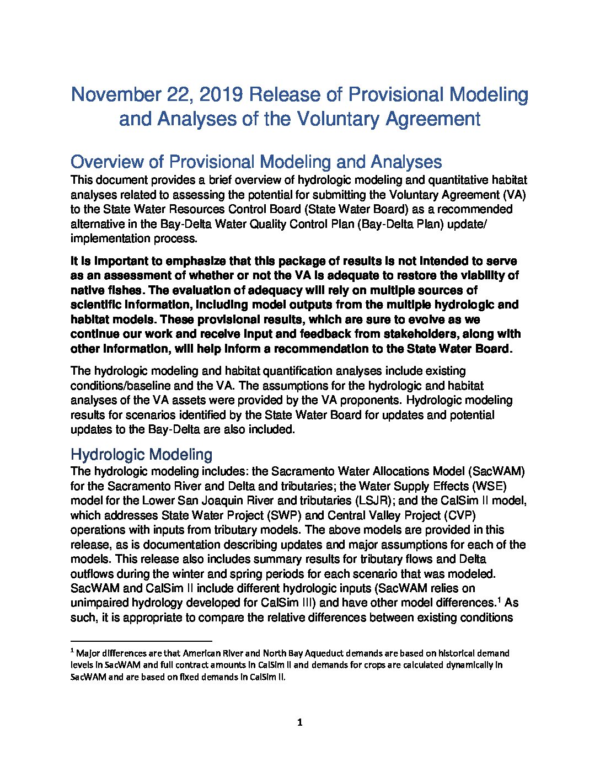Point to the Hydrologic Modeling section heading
[141, 455]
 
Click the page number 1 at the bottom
[300, 723]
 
